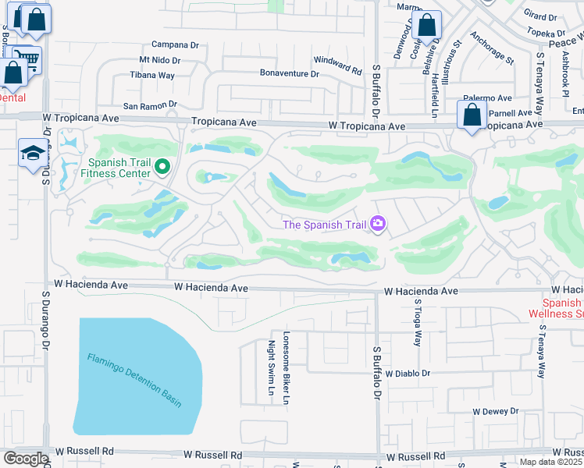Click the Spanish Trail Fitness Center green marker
162,166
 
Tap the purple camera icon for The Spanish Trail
379,225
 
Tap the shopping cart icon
28,58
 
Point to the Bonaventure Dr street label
290,74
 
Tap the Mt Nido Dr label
159,60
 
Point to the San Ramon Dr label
150,105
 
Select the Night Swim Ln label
272,367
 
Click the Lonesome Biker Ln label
287,367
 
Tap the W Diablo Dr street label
407,374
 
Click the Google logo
26,459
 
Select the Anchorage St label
492,48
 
